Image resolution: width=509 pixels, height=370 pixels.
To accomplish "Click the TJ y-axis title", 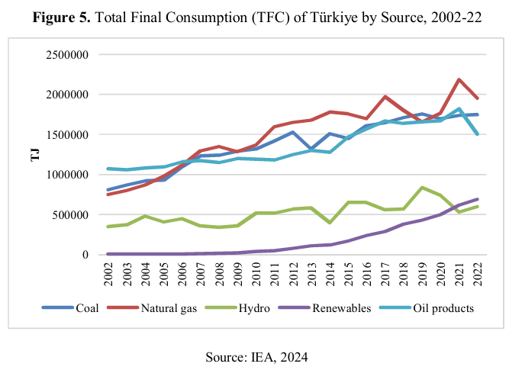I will tap(34, 155).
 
